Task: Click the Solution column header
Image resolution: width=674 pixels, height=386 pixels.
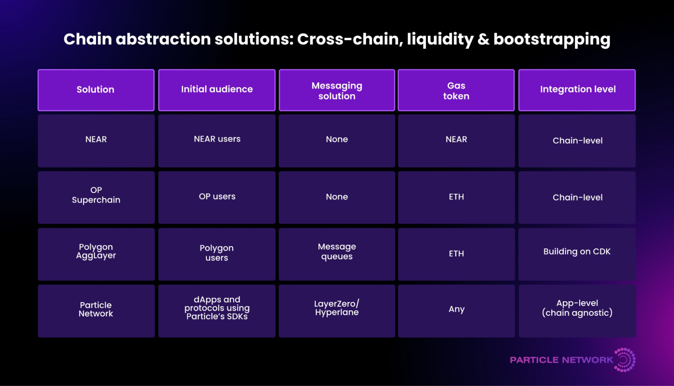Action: [x=96, y=90]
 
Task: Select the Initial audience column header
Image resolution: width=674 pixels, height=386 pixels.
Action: [x=217, y=90]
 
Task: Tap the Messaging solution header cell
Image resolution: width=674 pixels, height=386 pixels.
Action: [x=337, y=90]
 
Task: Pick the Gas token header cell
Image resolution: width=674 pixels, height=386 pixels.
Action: [x=456, y=90]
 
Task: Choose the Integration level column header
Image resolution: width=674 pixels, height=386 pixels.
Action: [x=577, y=90]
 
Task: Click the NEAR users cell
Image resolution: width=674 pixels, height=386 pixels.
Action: [x=217, y=140]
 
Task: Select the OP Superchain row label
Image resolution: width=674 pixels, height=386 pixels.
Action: [x=96, y=196]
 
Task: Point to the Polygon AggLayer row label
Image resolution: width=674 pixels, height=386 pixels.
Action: [x=96, y=252]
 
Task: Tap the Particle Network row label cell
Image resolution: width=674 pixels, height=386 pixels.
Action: [x=96, y=309]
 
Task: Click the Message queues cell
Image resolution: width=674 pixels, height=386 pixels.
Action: [x=337, y=252]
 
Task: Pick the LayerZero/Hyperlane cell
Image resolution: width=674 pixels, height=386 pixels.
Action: [x=337, y=308]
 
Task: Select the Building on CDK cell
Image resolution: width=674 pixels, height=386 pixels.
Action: [x=577, y=252]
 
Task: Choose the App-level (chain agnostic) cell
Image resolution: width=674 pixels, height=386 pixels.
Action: [x=577, y=308]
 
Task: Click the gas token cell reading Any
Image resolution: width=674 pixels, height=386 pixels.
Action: [x=457, y=309]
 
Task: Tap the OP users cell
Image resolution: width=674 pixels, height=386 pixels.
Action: [x=217, y=197]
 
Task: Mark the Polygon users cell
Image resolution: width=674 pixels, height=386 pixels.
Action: [x=217, y=253]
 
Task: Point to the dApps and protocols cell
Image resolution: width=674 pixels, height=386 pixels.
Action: [x=217, y=308]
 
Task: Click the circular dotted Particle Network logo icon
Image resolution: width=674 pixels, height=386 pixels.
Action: [x=625, y=360]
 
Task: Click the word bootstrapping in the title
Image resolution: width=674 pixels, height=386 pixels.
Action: [x=552, y=40]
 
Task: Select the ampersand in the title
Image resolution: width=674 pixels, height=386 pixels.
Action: [x=483, y=39]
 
